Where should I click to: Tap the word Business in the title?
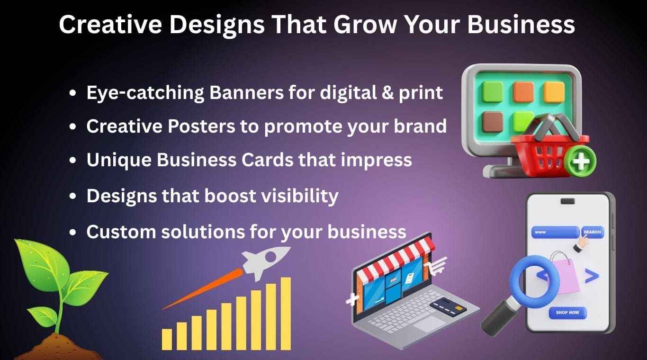click(x=521, y=24)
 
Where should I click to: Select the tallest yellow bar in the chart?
click(x=286, y=313)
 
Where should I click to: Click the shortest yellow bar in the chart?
click(x=167, y=339)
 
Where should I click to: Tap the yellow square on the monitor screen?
click(x=554, y=92)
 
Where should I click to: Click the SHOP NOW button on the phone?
click(x=567, y=313)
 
